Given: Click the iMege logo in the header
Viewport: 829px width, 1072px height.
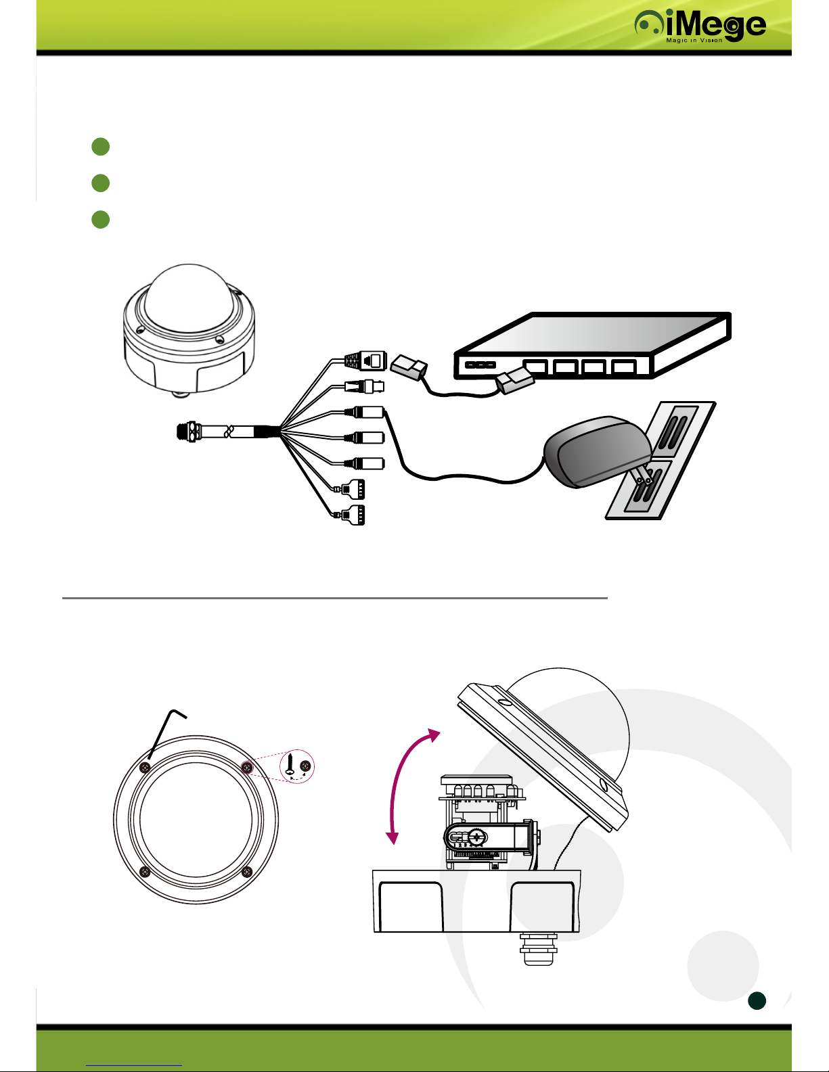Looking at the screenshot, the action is [x=700, y=26].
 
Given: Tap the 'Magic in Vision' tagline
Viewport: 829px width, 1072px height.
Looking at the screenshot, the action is [x=694, y=40].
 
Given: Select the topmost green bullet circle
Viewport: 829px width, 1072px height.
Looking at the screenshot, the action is [x=101, y=147].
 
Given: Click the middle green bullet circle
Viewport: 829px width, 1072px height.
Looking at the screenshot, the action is [x=101, y=183].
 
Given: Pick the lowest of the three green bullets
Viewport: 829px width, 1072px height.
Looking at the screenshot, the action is [x=101, y=220].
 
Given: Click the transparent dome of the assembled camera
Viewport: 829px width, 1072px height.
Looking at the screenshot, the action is [x=189, y=298].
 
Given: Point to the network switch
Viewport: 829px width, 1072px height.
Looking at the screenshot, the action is [x=592, y=346].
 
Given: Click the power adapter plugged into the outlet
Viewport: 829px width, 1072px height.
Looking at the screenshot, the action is [x=597, y=451].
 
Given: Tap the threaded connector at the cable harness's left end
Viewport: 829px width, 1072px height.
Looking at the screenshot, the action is [x=189, y=432].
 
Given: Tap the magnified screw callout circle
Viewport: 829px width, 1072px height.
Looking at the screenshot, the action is [x=297, y=766].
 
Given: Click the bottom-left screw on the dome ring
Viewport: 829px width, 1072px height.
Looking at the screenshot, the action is [x=145, y=872].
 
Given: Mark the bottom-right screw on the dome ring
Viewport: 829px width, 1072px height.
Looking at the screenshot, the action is [x=247, y=872].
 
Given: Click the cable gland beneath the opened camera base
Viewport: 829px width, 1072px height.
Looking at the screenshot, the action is [x=539, y=949].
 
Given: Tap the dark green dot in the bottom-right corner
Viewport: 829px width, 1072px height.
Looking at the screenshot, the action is [x=757, y=1001].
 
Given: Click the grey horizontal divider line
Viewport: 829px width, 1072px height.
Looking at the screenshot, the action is [x=334, y=598].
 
